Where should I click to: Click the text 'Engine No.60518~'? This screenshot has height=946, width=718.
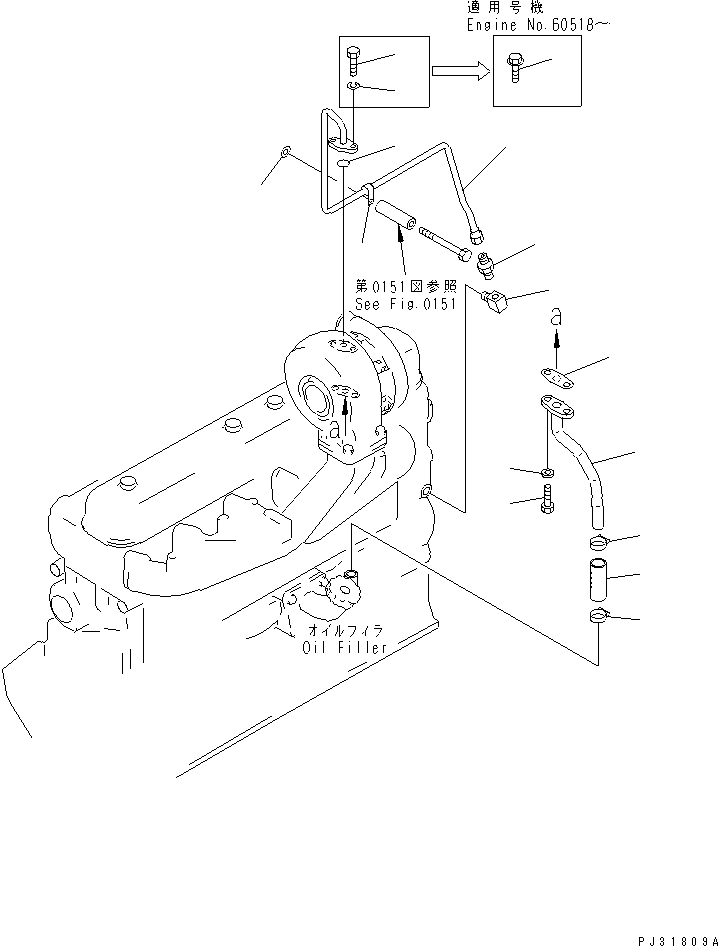[538, 24]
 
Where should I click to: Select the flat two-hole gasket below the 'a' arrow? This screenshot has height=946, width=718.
[561, 376]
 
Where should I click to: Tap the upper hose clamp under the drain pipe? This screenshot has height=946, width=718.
[598, 544]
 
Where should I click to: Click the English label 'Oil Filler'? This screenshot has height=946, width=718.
[344, 647]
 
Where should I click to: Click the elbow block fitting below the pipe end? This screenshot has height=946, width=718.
[495, 300]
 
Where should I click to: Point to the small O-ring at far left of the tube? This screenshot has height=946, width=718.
[285, 152]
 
